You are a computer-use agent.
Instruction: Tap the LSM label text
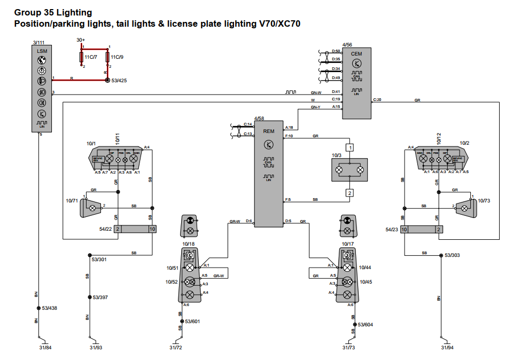click(x=42, y=51)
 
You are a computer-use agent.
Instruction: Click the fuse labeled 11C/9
click(x=108, y=57)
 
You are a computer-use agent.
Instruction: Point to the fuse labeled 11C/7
click(x=81, y=57)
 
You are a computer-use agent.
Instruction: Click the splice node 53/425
click(x=107, y=81)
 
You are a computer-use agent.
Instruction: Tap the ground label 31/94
click(x=447, y=348)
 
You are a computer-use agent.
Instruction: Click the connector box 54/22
click(x=135, y=229)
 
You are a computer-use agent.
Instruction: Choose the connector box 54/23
click(x=422, y=229)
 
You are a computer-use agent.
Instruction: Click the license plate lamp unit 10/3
click(x=349, y=170)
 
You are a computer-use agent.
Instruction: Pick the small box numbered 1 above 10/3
click(x=349, y=147)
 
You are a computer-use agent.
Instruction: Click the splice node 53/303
click(x=440, y=255)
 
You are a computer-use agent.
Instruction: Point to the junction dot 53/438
click(x=38, y=308)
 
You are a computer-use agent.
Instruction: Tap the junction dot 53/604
click(x=354, y=324)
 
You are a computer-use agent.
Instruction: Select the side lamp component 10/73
click(x=465, y=206)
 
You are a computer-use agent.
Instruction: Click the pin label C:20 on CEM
click(x=377, y=99)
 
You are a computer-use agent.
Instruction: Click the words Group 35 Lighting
click(x=53, y=12)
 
